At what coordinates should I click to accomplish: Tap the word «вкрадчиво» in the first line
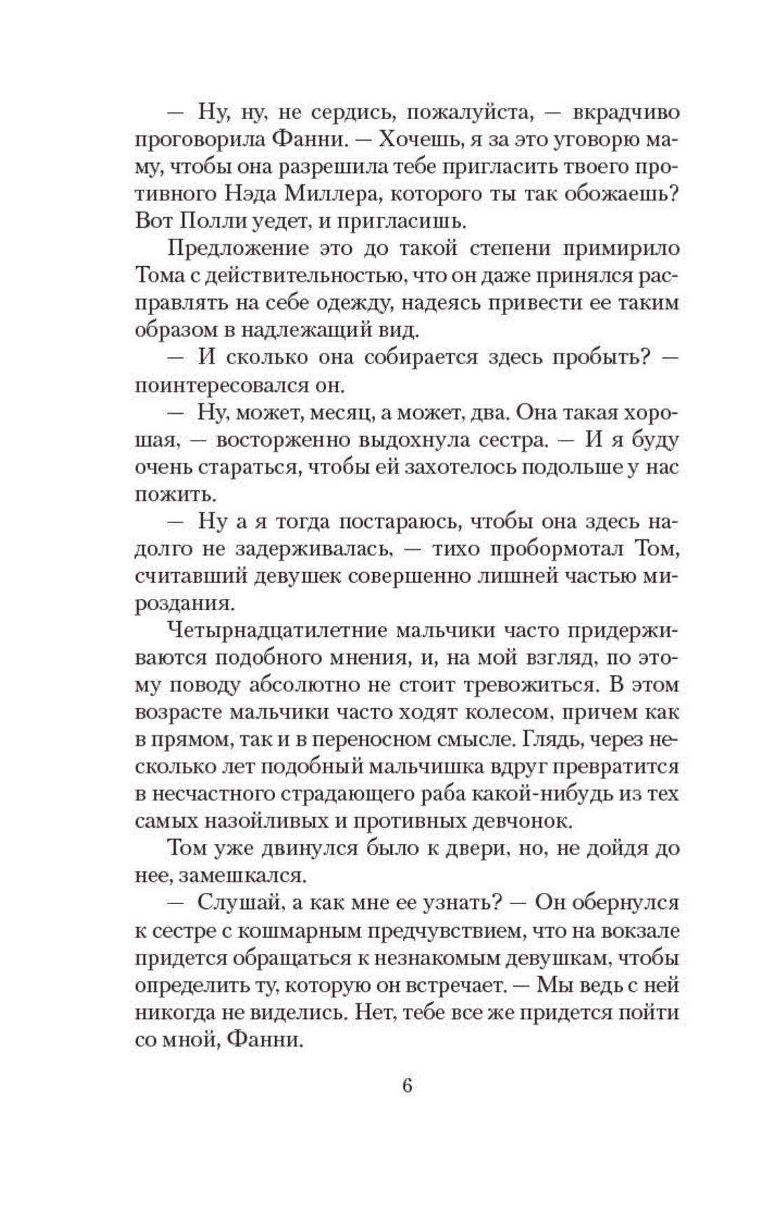tap(626, 112)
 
